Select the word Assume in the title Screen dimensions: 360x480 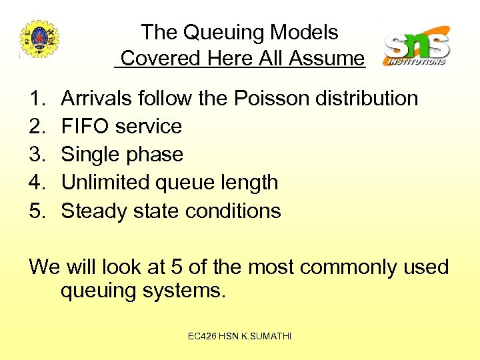pyautogui.click(x=326, y=58)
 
